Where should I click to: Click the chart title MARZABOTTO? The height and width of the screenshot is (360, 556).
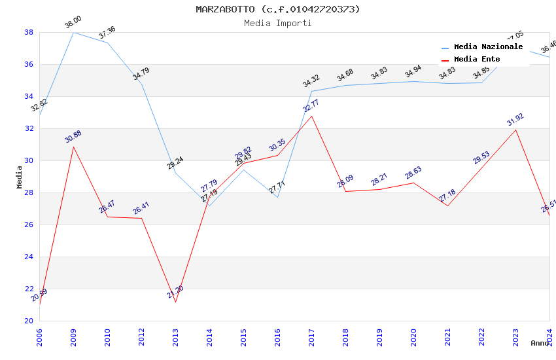point(277,9)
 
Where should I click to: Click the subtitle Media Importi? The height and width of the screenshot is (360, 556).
point(277,23)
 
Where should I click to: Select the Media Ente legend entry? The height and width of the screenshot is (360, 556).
point(477,60)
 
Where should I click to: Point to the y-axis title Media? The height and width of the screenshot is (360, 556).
point(20,177)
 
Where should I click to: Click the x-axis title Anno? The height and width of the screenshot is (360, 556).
point(540,343)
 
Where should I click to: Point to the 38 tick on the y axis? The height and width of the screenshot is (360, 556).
point(29,32)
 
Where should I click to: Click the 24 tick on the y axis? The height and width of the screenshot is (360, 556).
point(29,257)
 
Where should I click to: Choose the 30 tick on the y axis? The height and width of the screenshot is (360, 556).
point(29,160)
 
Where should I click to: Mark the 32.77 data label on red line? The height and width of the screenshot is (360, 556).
point(311,105)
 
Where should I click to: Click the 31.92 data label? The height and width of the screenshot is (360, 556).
point(515,120)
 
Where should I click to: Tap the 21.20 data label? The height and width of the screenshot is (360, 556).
point(175,292)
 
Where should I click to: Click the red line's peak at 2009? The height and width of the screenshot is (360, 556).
point(73,146)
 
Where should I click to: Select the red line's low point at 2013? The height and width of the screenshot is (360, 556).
point(175,302)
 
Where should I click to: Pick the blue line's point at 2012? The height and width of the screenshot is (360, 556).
point(141,84)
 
